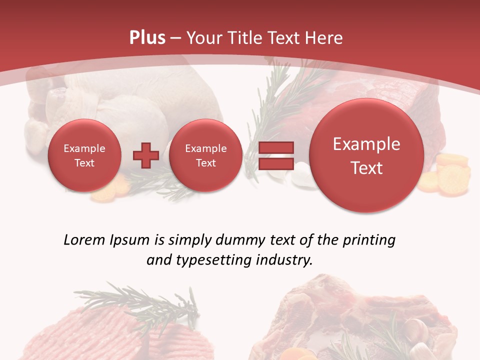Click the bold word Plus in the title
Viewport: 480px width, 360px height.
pyautogui.click(x=147, y=38)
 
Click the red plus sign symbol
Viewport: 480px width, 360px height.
pyautogui.click(x=145, y=155)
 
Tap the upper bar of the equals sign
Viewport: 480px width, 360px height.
pyautogui.click(x=275, y=147)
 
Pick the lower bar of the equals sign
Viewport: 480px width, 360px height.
pyautogui.click(x=275, y=163)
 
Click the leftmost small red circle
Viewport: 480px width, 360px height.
pyautogui.click(x=84, y=155)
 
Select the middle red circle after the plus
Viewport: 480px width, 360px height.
pyautogui.click(x=205, y=155)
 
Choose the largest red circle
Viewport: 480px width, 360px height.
pyautogui.click(x=366, y=155)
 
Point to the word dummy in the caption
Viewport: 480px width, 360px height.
pyautogui.click(x=237, y=240)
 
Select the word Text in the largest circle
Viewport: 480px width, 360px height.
pyautogui.click(x=366, y=168)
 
